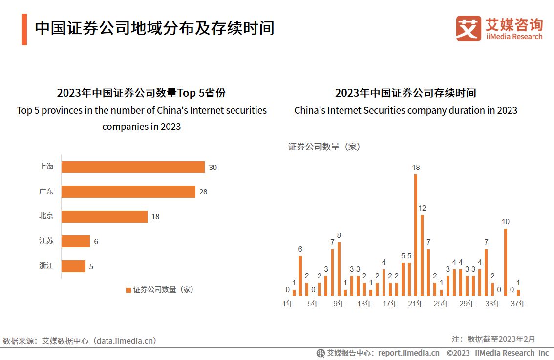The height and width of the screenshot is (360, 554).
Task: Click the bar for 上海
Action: coord(133,167)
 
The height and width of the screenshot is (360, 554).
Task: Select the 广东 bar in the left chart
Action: coord(128,191)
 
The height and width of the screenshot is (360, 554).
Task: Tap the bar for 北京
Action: coord(104,216)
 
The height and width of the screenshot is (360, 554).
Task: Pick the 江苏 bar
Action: coord(76,241)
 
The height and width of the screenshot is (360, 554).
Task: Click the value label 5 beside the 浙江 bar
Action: coord(91,267)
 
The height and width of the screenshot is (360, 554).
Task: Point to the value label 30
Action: coord(213,167)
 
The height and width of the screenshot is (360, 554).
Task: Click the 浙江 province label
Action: coord(46,266)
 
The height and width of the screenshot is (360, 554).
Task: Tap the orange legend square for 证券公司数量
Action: coord(128,290)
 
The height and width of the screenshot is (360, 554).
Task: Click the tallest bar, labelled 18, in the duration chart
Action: coord(416,235)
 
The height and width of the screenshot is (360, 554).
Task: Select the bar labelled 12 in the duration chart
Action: coord(422,255)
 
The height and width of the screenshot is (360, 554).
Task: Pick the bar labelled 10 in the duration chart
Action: coord(506,262)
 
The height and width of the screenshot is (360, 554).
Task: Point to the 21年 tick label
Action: coord(416,304)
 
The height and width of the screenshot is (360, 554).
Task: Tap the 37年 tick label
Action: coord(518,304)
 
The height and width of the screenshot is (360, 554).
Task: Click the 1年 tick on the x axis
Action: coord(288,304)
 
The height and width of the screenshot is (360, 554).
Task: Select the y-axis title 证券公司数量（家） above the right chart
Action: coord(324,147)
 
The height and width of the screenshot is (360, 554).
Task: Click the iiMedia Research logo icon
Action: coord(468,29)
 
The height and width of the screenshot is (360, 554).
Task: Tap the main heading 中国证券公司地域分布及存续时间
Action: coord(154,28)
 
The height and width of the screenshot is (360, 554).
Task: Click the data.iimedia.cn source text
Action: coord(126,341)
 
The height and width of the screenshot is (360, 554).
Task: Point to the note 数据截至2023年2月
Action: coord(501,339)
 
